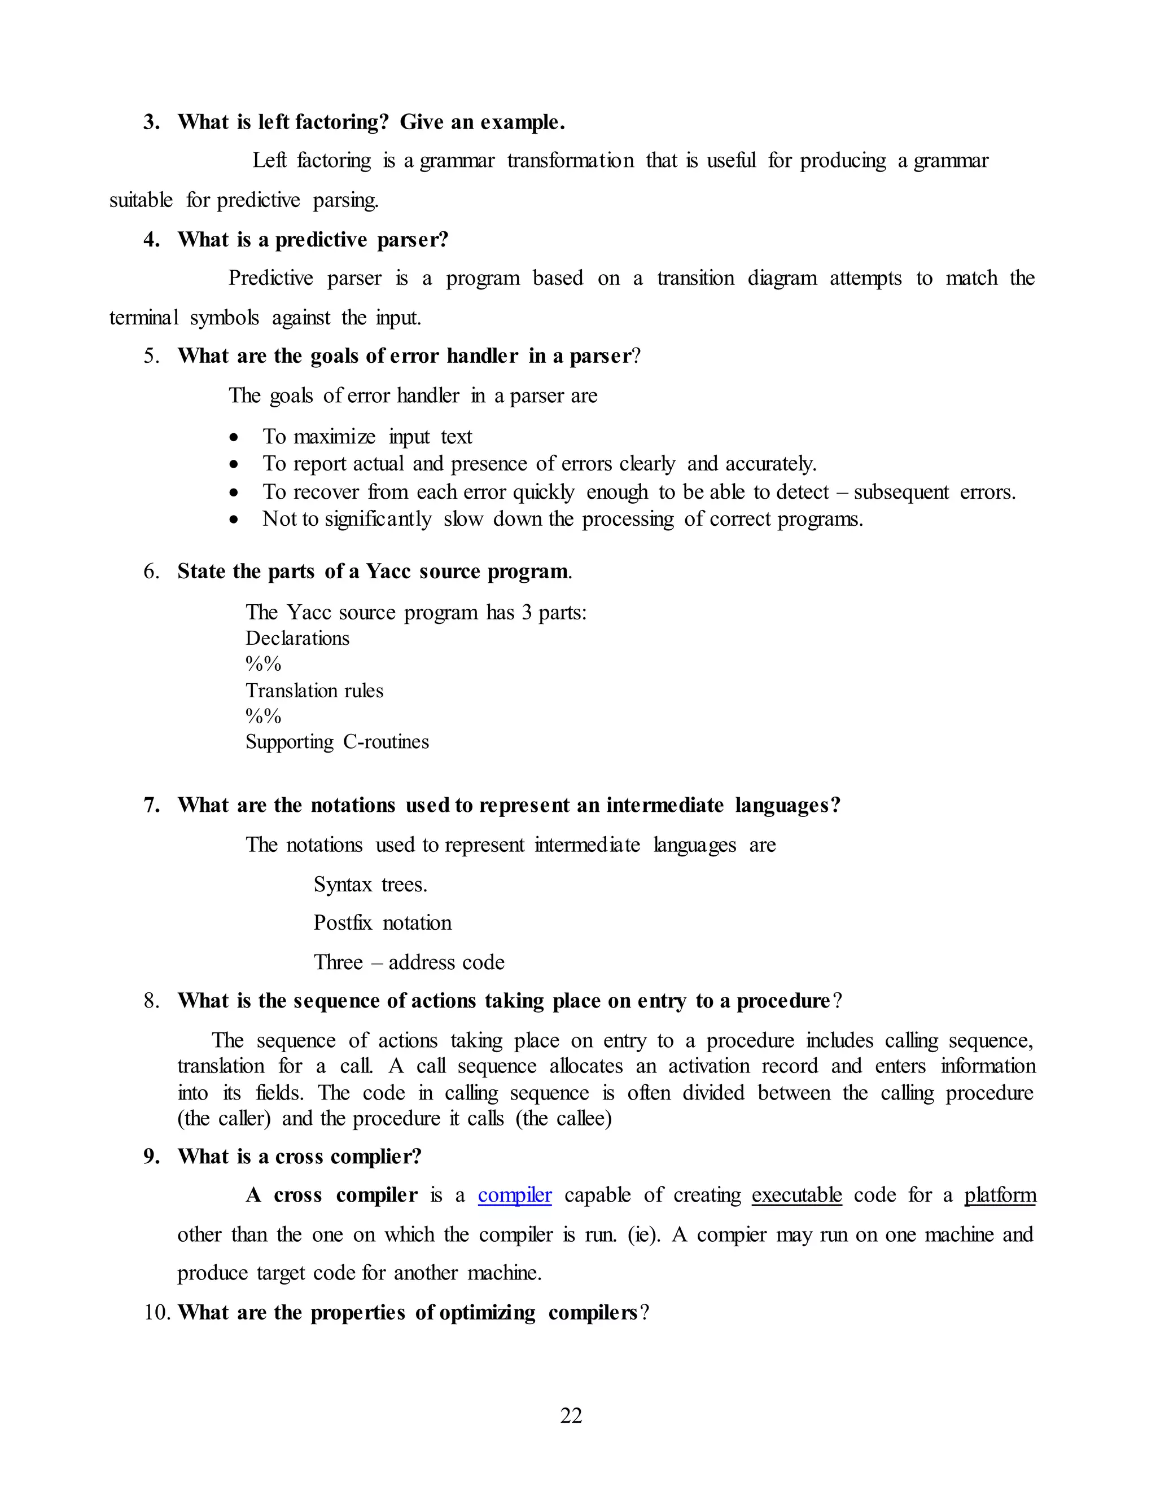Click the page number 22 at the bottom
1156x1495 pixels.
click(x=571, y=1415)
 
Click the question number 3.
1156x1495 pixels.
click(x=151, y=122)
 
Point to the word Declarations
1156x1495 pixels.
click(x=297, y=638)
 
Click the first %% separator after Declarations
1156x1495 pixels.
click(x=264, y=664)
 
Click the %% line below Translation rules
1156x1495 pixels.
click(x=264, y=716)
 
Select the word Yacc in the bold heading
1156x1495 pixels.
click(x=388, y=571)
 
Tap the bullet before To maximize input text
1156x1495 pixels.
click(x=234, y=437)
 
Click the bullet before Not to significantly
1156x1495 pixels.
click(x=234, y=520)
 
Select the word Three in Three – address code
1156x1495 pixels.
click(x=338, y=962)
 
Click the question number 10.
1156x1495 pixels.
click(x=157, y=1312)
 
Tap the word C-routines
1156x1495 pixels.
click(x=386, y=741)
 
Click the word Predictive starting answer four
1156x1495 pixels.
click(x=270, y=278)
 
